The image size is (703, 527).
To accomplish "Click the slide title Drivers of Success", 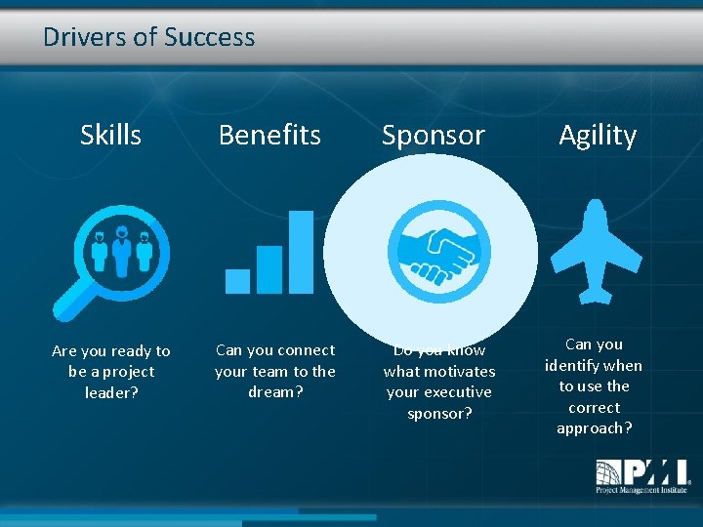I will pos(148,38).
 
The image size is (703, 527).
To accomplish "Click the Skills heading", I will pos(110,135).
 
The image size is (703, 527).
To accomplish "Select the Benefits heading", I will pos(269,135).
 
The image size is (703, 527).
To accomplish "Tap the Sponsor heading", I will pos(433,135).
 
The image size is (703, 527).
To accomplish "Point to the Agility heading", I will pos(597,135).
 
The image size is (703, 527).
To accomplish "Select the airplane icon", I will pos(597,251).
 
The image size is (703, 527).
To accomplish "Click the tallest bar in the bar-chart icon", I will pos(302,252).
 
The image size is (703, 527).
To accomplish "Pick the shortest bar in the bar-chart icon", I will pos(237,281).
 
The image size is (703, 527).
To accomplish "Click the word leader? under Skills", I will pos(111,392).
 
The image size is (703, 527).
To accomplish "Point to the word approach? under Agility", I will pos(594,428).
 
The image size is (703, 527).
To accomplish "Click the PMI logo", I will pos(642,477).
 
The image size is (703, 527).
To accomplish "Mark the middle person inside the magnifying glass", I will pos(121,249).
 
